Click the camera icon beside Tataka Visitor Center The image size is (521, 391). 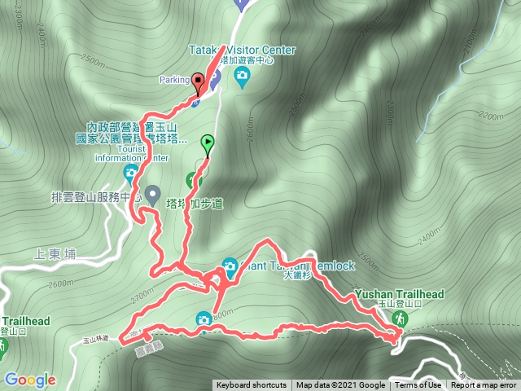242,77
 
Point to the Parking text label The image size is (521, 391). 173,80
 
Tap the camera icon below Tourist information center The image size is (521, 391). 131,173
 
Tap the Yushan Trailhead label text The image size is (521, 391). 399,294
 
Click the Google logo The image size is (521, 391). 29,380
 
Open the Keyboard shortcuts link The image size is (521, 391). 252,385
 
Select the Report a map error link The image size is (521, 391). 484,385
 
